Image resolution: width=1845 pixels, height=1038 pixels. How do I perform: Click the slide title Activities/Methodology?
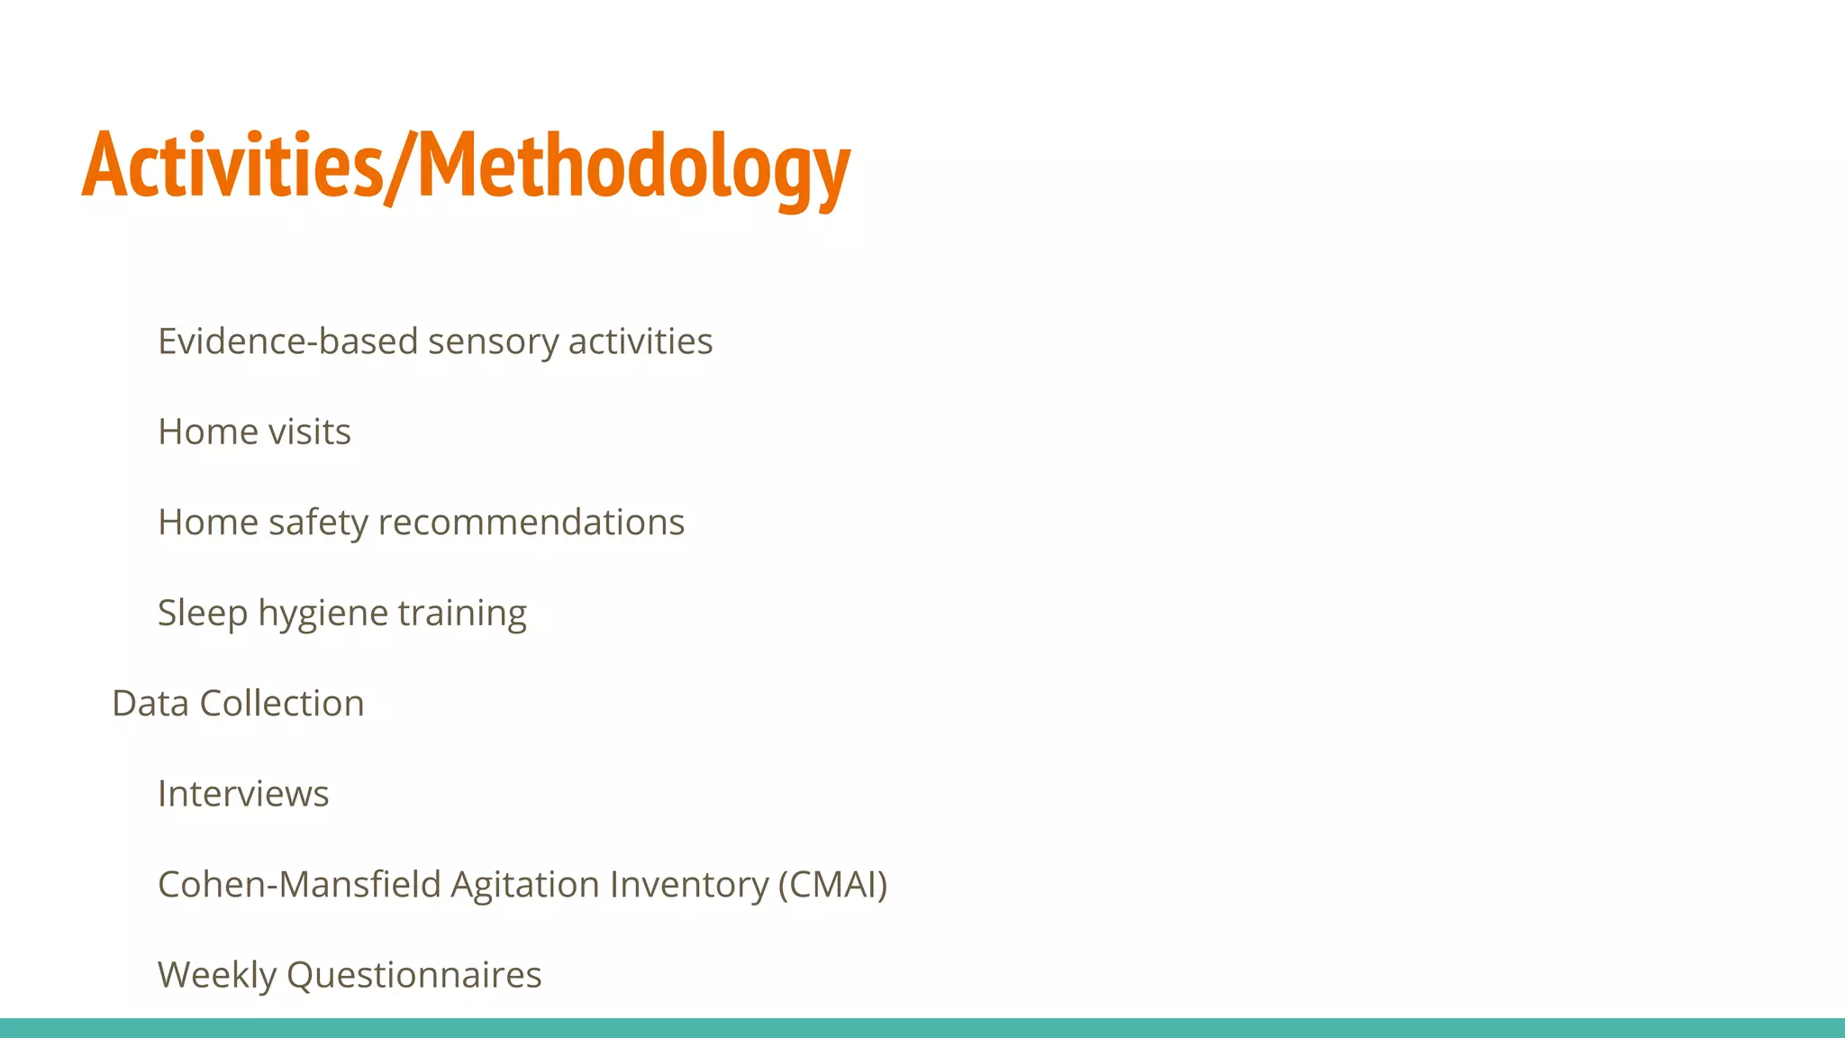[466, 166]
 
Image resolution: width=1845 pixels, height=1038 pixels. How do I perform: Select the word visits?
[310, 432]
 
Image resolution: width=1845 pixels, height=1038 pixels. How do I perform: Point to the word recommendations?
[531, 523]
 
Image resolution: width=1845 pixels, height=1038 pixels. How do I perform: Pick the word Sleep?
[203, 614]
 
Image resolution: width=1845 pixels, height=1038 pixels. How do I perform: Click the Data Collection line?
[238, 704]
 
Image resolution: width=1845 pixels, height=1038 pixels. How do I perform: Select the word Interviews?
[243, 794]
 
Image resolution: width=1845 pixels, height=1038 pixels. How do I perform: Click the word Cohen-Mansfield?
[298, 885]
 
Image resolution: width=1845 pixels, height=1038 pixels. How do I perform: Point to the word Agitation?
[524, 885]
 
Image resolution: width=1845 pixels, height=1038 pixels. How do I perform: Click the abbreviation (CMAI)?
[832, 885]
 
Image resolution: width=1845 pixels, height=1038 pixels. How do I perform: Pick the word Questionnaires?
[414, 975]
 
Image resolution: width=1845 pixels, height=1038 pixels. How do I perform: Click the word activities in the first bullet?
[641, 341]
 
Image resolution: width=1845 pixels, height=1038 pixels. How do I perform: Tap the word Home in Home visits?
[207, 432]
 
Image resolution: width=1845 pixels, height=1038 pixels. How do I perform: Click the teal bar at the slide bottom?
[922, 1028]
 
